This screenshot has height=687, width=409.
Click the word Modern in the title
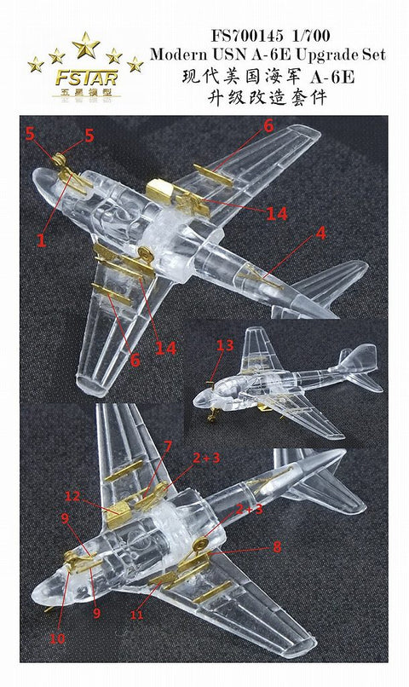pyautogui.click(x=181, y=55)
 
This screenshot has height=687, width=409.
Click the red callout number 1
pyautogui.click(x=40, y=241)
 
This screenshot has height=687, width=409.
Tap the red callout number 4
pyautogui.click(x=320, y=232)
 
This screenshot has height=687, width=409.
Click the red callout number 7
pyautogui.click(x=168, y=447)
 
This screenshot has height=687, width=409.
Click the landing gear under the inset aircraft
pyautogui.click(x=213, y=413)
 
